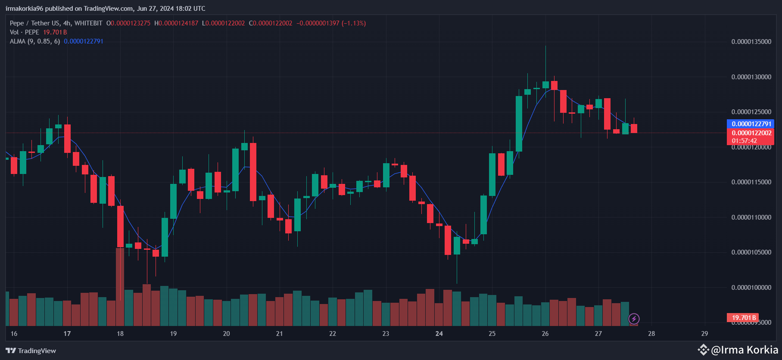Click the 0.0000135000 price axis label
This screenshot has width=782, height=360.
pyautogui.click(x=751, y=42)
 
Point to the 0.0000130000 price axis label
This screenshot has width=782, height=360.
pyautogui.click(x=751, y=77)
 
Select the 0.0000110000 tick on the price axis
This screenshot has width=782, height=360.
pyautogui.click(x=751, y=217)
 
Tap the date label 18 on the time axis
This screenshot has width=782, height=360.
pyautogui.click(x=120, y=334)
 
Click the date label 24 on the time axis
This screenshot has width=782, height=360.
pyautogui.click(x=439, y=334)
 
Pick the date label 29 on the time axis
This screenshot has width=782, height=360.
pyautogui.click(x=704, y=334)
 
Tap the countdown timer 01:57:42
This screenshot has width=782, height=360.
pyautogui.click(x=744, y=141)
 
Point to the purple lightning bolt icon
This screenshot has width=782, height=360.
pyautogui.click(x=634, y=319)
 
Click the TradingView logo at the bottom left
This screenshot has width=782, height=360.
pyautogui.click(x=31, y=351)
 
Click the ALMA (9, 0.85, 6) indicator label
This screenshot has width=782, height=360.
pyautogui.click(x=35, y=41)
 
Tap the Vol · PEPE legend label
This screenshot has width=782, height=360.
pyautogui.click(x=25, y=32)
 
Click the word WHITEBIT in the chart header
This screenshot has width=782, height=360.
pyautogui.click(x=88, y=23)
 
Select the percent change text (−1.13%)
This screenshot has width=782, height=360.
pyautogui.click(x=354, y=23)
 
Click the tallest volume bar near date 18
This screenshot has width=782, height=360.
pyautogui.click(x=120, y=286)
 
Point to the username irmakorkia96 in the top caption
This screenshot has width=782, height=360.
pyautogui.click(x=24, y=9)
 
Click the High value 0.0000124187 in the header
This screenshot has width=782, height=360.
pyautogui.click(x=178, y=23)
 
